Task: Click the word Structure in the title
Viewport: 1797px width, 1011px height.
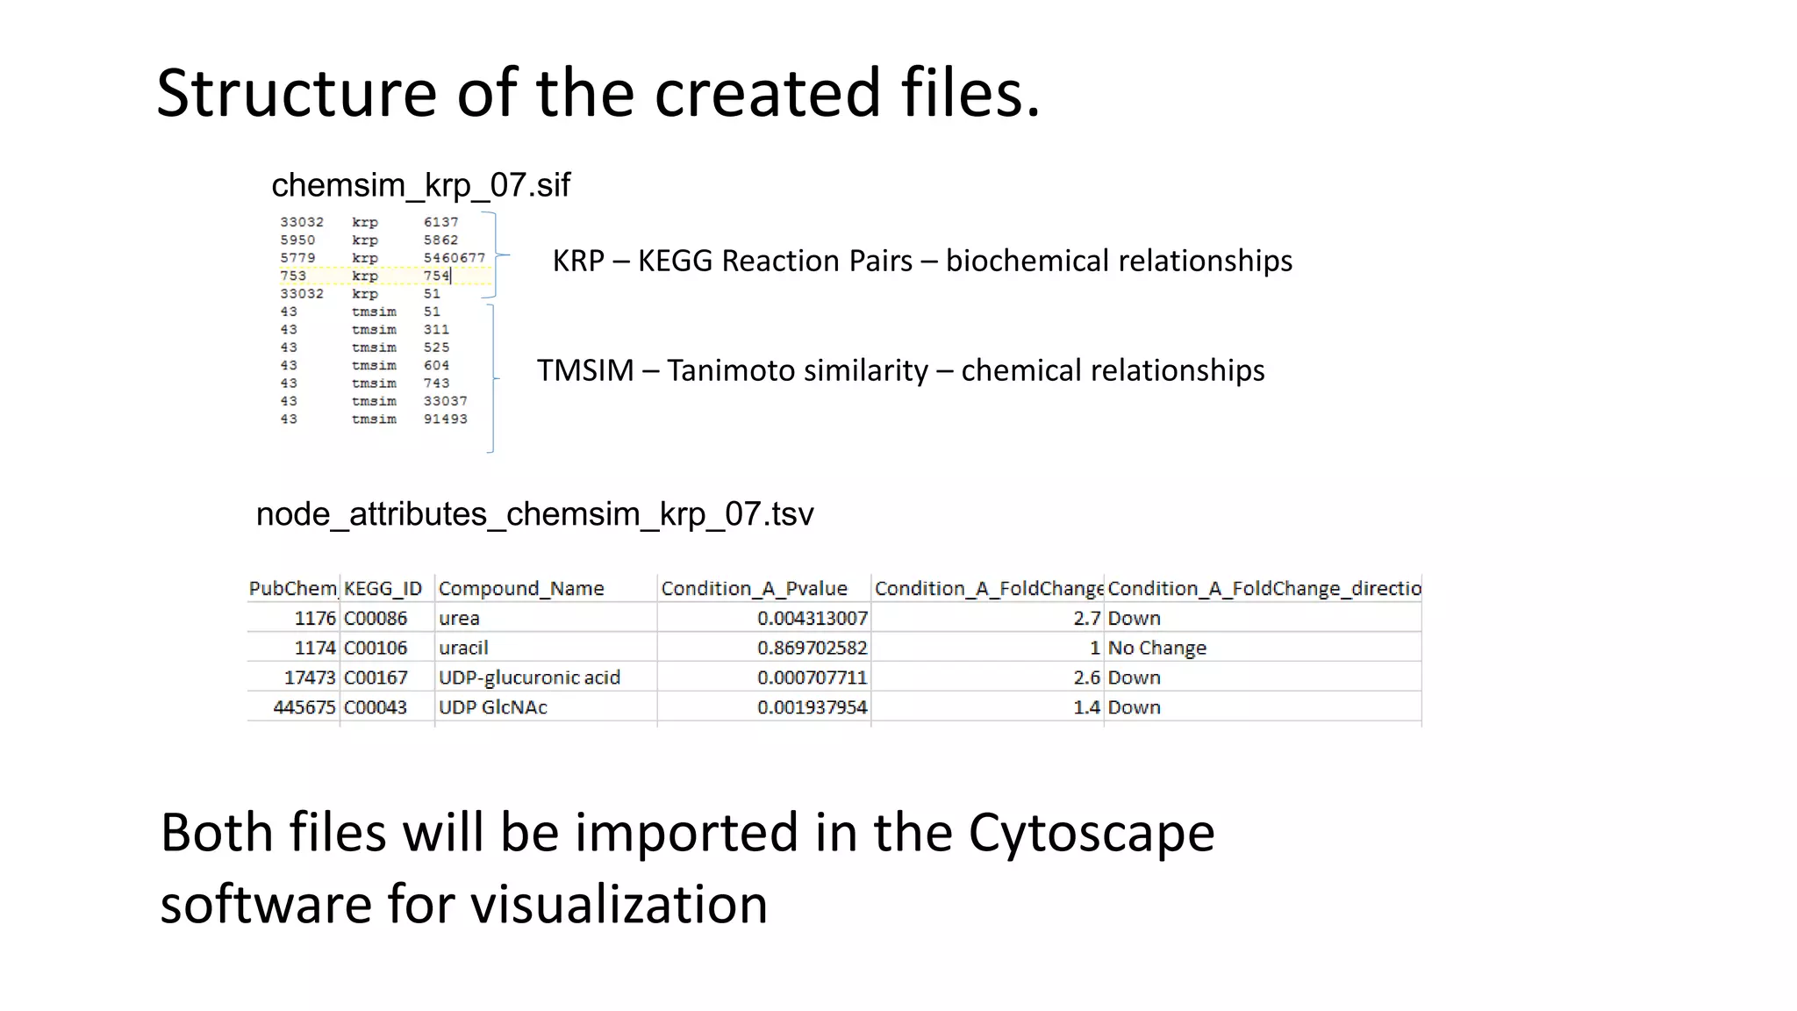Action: tap(296, 93)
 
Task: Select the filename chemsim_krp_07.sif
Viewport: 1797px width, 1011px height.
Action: tap(420, 185)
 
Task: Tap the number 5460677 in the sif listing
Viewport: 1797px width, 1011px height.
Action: tap(454, 258)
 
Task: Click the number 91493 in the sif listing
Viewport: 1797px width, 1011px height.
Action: tap(445, 419)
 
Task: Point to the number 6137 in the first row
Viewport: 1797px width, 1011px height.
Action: tap(440, 222)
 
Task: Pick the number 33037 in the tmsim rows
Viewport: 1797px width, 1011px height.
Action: tap(445, 401)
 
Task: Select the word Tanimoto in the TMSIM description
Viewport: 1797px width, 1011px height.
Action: tap(797, 370)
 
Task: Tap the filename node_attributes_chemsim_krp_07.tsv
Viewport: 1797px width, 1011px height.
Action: tap(534, 514)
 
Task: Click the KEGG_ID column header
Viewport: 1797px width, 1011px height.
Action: tap(383, 589)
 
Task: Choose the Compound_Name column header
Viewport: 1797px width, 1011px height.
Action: tap(521, 589)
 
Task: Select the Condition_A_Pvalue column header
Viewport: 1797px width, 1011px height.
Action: tap(754, 589)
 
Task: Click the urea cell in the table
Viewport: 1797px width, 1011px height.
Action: tap(459, 619)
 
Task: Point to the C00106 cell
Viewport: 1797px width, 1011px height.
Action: tap(376, 649)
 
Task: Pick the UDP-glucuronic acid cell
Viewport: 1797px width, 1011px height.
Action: tap(529, 678)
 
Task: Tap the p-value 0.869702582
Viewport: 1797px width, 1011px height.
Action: tap(812, 649)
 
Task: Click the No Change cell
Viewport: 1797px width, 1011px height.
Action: tap(1156, 649)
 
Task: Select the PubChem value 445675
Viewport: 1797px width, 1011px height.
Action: tap(304, 707)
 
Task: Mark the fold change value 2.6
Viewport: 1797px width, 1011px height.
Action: tap(1086, 678)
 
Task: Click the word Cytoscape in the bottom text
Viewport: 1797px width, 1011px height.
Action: tap(1091, 833)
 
